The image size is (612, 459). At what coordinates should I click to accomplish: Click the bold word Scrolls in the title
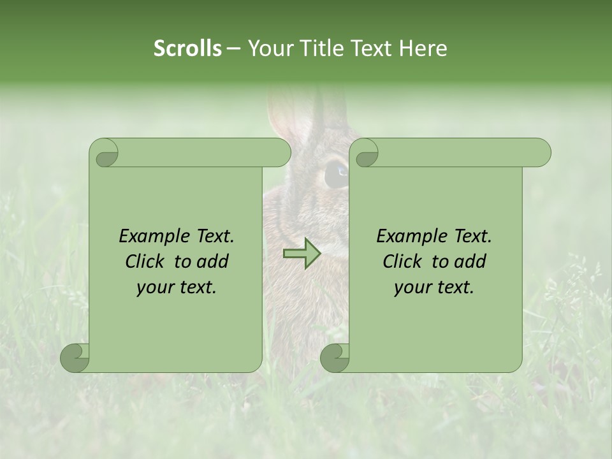(187, 48)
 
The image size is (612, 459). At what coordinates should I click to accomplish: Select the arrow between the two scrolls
(303, 253)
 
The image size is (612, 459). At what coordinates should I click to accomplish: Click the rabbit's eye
(336, 173)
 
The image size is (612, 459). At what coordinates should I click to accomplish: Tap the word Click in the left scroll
(146, 261)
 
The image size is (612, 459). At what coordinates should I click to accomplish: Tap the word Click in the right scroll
(404, 261)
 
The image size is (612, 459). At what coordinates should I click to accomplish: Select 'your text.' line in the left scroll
(177, 288)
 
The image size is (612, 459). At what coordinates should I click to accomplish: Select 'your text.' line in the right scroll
(434, 288)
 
